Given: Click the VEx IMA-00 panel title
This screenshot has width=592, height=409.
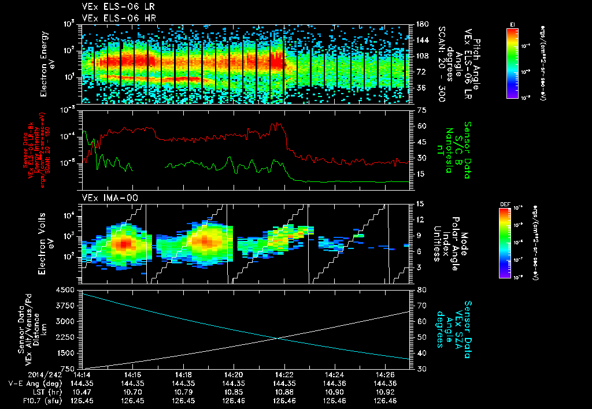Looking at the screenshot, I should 105,198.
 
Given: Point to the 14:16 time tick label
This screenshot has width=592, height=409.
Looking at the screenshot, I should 133,374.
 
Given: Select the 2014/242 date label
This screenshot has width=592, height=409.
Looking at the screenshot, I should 48,374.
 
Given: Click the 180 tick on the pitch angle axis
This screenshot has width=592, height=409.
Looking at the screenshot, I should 421,24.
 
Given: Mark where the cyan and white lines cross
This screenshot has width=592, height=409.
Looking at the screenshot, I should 279,339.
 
